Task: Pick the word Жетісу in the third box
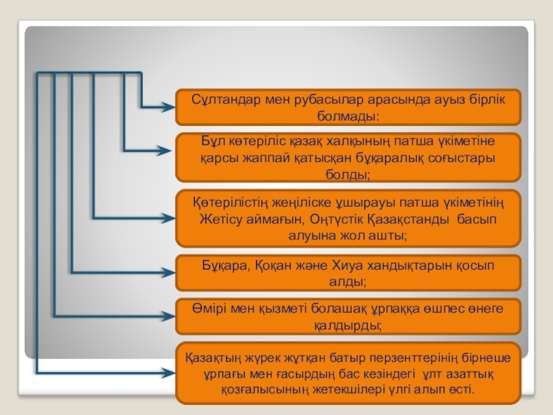[218, 219]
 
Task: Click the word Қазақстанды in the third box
[405, 219]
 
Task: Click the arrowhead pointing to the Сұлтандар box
[168, 107]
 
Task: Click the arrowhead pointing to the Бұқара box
[168, 272]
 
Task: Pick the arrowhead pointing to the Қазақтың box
[168, 373]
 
